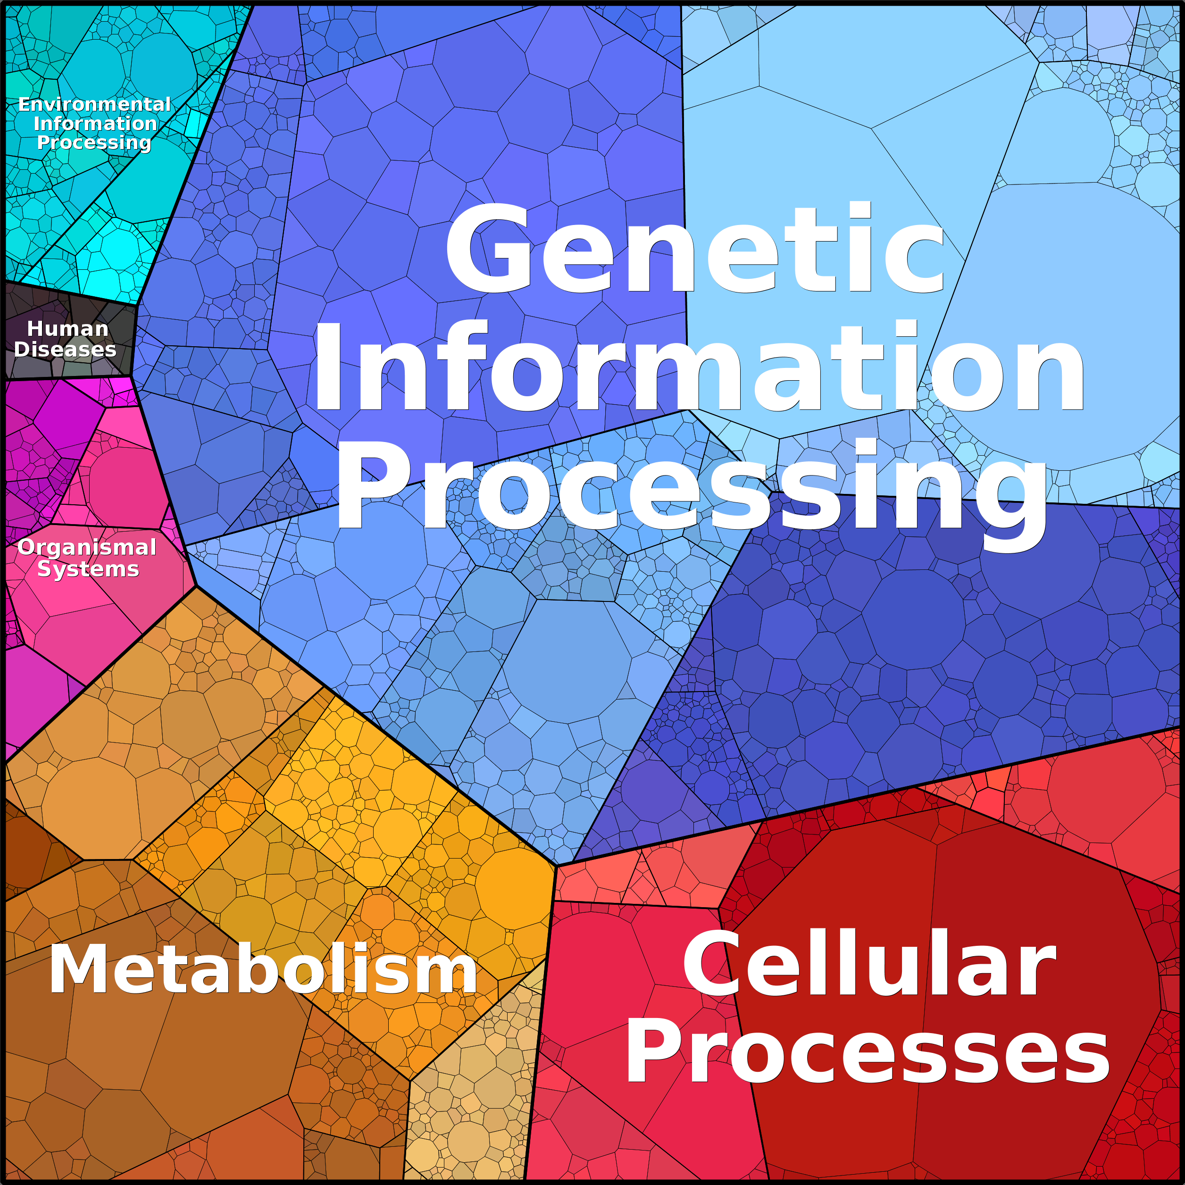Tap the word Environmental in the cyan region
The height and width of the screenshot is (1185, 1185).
click(94, 104)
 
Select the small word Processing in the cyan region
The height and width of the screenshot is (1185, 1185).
click(94, 142)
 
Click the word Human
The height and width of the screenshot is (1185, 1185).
click(67, 329)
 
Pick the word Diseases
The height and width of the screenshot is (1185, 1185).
click(65, 349)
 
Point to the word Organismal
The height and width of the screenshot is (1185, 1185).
click(87, 547)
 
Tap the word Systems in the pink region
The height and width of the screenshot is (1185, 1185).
click(88, 569)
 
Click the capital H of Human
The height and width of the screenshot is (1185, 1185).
click(34, 329)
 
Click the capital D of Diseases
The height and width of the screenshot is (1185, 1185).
click(22, 349)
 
